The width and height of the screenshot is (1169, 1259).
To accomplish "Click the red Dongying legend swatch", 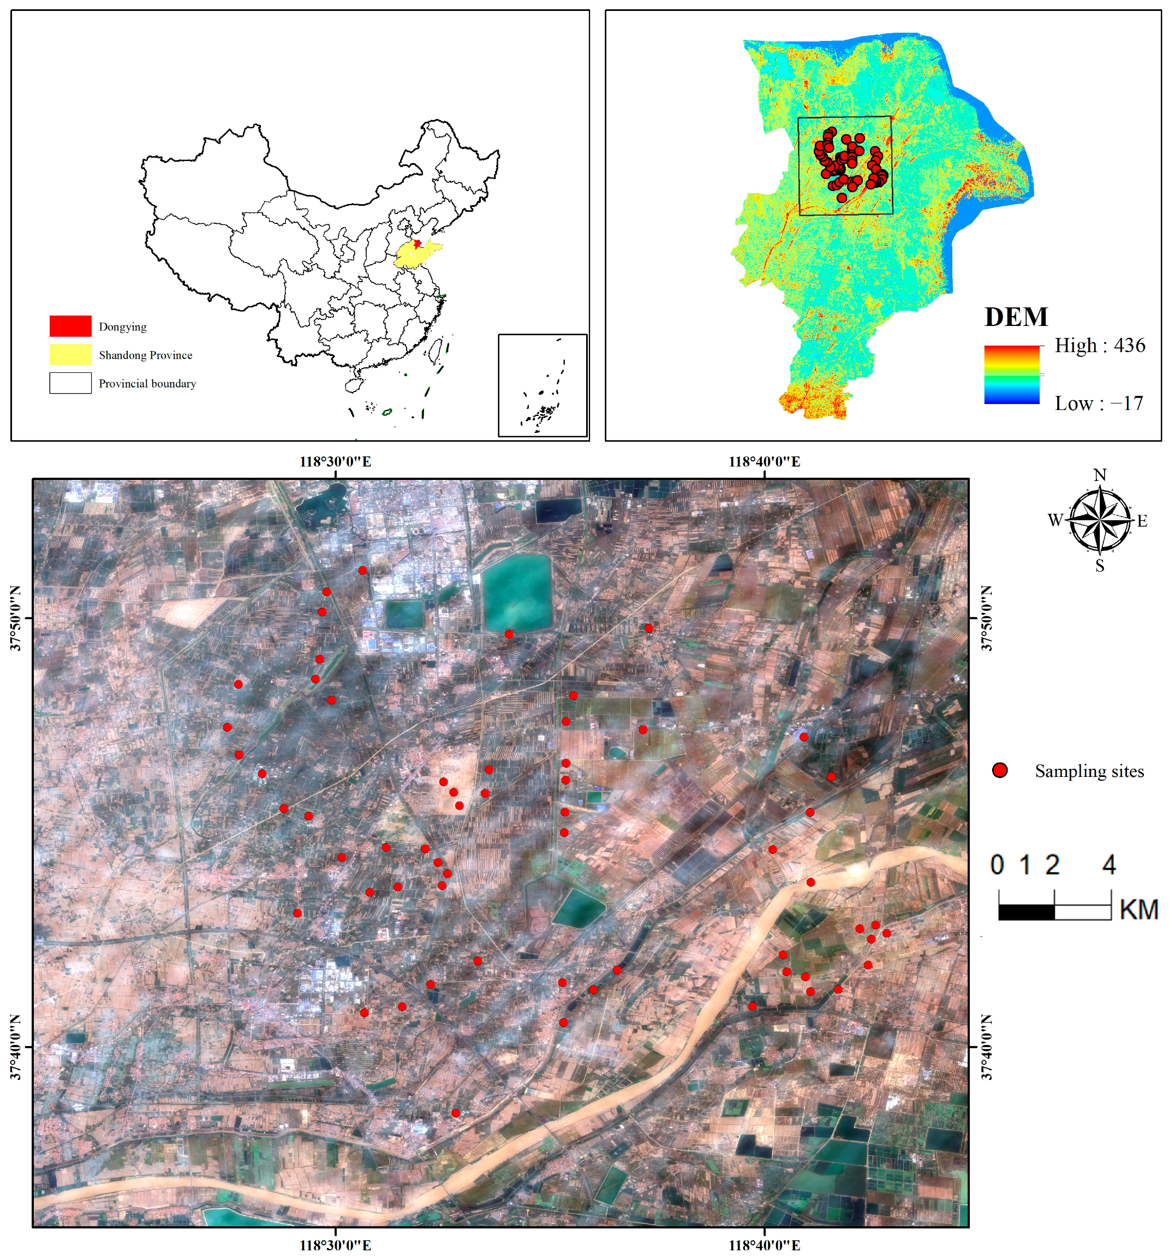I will point(70,326).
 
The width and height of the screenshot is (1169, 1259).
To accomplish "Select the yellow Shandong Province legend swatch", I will point(70,354).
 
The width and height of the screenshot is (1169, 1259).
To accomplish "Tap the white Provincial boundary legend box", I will point(70,383).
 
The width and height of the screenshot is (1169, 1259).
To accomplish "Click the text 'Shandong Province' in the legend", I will point(146,355).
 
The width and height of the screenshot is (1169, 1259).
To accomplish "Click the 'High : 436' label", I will point(1099,346).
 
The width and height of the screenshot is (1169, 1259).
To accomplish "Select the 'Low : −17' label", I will point(1099,403).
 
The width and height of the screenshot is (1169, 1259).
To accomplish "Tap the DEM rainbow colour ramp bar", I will point(1011,374).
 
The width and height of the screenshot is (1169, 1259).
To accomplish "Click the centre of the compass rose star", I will point(1101,519).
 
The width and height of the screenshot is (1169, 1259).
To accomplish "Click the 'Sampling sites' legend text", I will point(1089,771).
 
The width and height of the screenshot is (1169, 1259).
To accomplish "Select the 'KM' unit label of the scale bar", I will point(1138,910).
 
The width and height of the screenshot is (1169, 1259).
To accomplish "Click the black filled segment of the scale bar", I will point(1026,912).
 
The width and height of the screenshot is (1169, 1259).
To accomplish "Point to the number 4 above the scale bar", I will point(1109,865).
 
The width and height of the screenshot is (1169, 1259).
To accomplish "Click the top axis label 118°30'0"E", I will point(335,462).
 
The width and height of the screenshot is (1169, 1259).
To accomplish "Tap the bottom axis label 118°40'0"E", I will point(764,1245).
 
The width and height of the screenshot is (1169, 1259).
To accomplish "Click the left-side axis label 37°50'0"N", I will point(16,618).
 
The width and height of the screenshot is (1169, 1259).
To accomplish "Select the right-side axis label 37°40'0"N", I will point(987,1047).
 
